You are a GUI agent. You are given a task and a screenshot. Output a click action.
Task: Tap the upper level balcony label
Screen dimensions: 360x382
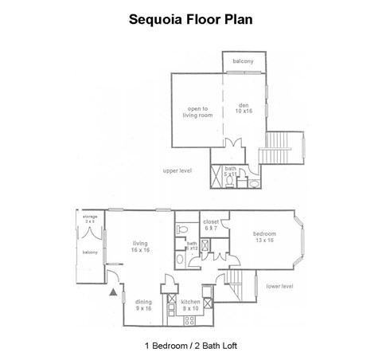pyautogui.click(x=244, y=62)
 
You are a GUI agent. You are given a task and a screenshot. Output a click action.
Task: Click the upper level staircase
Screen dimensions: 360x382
pyautogui.click(x=283, y=147)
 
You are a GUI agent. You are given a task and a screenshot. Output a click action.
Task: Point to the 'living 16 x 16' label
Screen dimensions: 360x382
pyautogui.click(x=141, y=248)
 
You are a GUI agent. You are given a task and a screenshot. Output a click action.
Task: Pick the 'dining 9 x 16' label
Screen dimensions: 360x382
pyautogui.click(x=143, y=303)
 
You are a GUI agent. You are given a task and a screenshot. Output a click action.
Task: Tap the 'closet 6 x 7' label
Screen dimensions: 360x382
pyautogui.click(x=211, y=225)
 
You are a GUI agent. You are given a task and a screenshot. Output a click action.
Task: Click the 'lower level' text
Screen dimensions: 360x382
pyautogui.click(x=279, y=284)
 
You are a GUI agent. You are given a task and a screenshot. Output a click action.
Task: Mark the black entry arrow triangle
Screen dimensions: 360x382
pyautogui.click(x=112, y=292)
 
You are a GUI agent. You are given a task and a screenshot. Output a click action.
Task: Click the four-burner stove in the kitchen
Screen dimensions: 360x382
pyautogui.click(x=189, y=320)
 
